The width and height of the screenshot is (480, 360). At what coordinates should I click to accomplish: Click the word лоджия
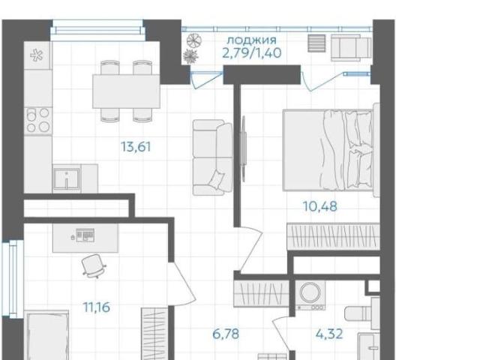click(x=252, y=40)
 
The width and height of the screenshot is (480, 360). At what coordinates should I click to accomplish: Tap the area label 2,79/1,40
click(x=252, y=53)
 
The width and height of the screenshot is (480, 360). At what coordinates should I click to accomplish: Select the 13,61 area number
click(x=136, y=147)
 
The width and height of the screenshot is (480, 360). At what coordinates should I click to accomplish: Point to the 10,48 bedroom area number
click(x=320, y=206)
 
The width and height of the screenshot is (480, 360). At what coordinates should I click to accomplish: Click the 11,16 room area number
click(x=97, y=307)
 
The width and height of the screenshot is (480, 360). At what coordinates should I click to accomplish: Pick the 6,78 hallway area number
click(x=226, y=334)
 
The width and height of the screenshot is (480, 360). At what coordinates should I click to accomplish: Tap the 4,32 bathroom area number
click(x=329, y=334)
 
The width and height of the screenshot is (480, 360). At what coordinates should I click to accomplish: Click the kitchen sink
click(x=67, y=178)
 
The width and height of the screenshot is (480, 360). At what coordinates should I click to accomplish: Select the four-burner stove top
click(x=38, y=121)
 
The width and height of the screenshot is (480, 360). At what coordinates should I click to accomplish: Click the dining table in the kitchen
click(x=127, y=91)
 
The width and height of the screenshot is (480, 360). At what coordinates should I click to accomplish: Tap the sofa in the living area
click(x=212, y=157)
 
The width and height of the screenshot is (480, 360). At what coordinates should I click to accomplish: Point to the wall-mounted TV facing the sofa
click(x=244, y=148)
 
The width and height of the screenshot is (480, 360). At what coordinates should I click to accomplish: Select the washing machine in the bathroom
click(x=310, y=295)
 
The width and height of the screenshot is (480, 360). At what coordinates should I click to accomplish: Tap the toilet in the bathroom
click(x=362, y=313)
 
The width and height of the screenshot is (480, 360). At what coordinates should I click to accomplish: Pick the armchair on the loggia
click(x=351, y=47)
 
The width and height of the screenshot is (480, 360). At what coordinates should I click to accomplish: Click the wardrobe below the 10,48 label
click(x=334, y=236)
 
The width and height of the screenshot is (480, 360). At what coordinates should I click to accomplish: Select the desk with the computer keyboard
click(x=85, y=238)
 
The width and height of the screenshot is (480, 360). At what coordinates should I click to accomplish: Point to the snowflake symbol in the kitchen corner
click(x=37, y=55)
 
